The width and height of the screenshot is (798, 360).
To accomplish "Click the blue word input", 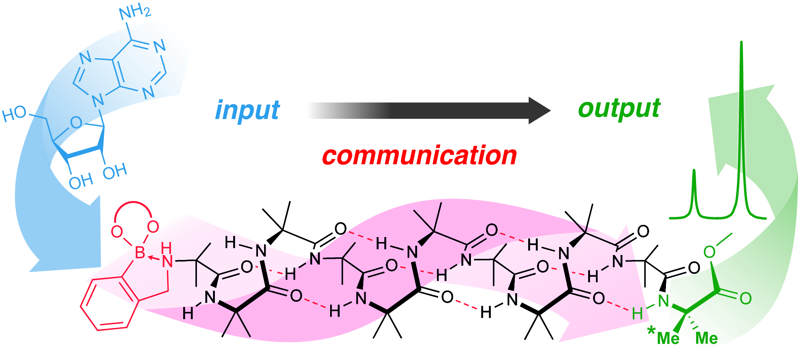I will (247, 110).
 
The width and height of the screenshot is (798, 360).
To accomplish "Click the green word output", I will (619, 109).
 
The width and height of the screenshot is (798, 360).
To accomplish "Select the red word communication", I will (419, 155).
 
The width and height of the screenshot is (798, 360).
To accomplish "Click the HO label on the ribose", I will (15, 114).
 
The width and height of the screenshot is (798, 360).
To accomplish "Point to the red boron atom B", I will (140, 252).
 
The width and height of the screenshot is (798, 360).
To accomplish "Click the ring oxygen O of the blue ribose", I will (76, 123).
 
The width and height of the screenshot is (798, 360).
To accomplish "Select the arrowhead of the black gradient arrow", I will (539, 110).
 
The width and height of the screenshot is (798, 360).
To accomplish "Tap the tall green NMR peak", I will (742, 115).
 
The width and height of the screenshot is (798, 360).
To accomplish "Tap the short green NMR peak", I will (694, 191).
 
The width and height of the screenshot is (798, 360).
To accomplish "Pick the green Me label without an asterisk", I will (706, 338).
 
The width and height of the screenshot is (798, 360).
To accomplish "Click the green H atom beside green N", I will (637, 314).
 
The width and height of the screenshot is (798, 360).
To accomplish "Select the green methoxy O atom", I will (709, 252).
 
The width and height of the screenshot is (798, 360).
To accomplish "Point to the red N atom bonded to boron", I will (167, 261).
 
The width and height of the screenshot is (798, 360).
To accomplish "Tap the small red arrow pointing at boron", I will (154, 258).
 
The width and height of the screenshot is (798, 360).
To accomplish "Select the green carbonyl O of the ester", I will (745, 299).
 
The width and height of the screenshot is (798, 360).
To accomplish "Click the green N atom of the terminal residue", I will (663, 301).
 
